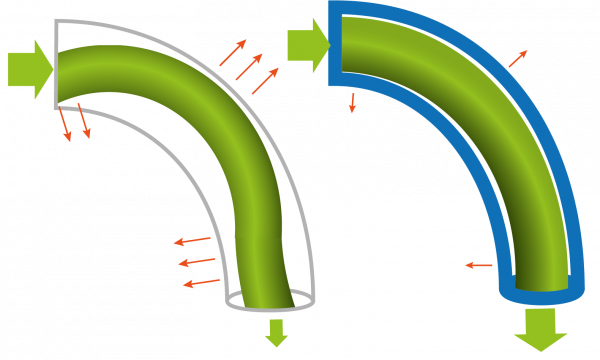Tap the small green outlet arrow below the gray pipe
coord(276,333)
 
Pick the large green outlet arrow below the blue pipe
coord(540,329)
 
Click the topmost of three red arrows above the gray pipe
coord(233,53)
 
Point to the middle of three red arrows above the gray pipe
coord(250,65)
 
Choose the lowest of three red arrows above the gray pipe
coord(265,81)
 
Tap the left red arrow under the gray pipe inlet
coord(65,124)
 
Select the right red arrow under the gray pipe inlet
coord(84,120)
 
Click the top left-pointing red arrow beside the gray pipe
coord(193,240)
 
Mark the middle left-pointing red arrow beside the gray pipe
coord(197,261)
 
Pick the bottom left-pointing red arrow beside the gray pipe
coord(201,283)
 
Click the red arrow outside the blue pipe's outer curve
coord(517,59)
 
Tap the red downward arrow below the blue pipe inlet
coord(352,102)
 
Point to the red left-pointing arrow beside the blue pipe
coord(479,265)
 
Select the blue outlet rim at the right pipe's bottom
coord(541,296)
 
